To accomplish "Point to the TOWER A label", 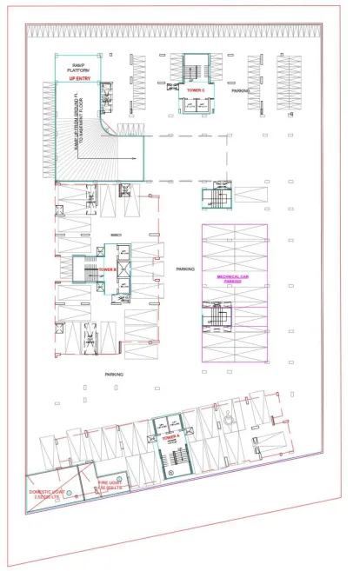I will (171, 438).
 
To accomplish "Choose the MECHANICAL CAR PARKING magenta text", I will (233, 280).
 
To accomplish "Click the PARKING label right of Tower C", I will (241, 90).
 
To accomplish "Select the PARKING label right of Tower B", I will (185, 269).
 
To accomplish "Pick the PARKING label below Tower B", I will (114, 374).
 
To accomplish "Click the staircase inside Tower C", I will (193, 69).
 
